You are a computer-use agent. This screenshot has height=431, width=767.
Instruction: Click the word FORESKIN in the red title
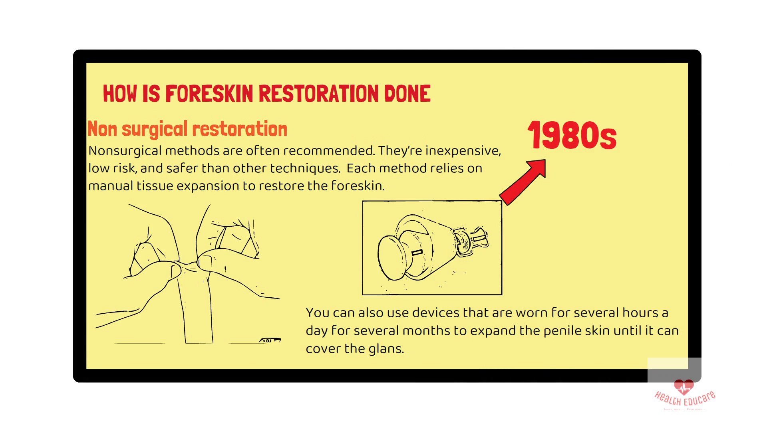point(209,94)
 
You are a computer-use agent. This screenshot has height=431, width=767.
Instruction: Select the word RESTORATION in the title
point(318,94)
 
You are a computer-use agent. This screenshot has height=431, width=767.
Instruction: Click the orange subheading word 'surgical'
point(155,130)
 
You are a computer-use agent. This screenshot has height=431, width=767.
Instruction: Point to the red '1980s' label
point(572,136)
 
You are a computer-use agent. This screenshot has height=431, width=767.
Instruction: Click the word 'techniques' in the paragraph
point(304,168)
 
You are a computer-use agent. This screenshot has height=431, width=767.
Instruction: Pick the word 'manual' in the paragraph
point(111,186)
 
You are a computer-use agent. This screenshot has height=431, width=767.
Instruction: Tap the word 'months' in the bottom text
point(428,331)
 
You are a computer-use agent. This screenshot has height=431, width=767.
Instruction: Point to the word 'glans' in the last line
point(385,349)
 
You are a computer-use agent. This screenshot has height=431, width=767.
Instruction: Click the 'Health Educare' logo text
point(685,399)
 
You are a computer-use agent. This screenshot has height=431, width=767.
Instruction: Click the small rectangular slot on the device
point(417,252)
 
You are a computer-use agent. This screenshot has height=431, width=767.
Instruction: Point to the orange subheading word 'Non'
point(102,130)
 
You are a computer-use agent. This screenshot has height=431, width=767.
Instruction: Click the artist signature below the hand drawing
point(270,340)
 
